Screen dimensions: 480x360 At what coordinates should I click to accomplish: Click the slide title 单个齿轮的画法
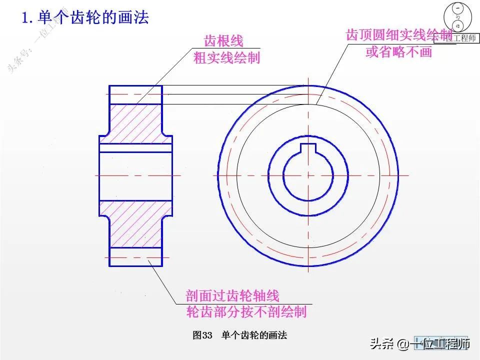[93, 18]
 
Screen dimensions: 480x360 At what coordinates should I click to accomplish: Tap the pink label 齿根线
[223, 41]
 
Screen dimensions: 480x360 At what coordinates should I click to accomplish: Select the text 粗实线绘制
[227, 57]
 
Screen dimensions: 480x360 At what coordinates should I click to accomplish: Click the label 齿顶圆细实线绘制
[399, 35]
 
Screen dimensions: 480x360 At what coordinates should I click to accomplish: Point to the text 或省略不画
[398, 51]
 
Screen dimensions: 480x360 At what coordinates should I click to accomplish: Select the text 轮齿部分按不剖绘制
[246, 312]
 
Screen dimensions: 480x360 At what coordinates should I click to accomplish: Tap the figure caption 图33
[202, 335]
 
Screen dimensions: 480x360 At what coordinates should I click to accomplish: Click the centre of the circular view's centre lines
[308, 175]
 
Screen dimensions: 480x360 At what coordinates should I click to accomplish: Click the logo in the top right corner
[458, 22]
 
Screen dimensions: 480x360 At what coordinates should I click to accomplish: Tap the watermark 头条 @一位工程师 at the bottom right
[420, 344]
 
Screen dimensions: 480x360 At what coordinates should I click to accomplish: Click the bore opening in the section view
[135, 175]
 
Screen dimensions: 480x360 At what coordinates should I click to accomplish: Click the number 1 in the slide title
[24, 18]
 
